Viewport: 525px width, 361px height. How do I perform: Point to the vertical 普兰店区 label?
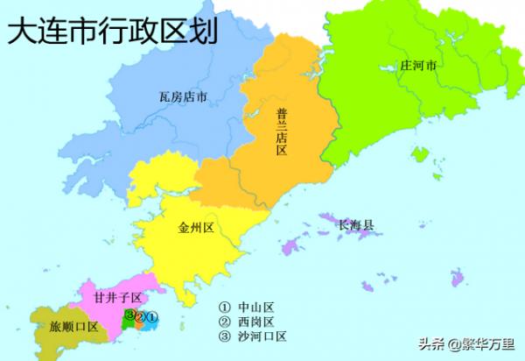pos(281,131)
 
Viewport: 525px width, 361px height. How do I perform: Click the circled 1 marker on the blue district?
pos(150,316)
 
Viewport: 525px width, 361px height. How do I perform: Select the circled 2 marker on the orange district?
pos(140,316)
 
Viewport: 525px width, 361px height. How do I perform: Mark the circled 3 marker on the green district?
pos(129,315)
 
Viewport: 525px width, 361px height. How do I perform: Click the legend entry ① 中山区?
pos(248,308)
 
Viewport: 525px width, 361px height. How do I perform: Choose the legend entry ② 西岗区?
pos(248,322)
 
